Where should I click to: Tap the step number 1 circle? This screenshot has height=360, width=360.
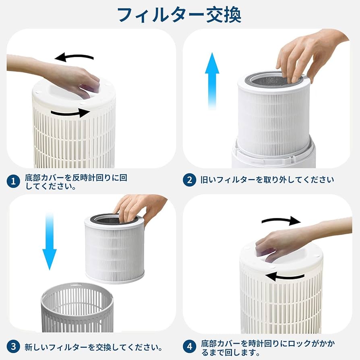click(x=13, y=181)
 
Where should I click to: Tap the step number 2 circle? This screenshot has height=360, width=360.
click(x=189, y=180)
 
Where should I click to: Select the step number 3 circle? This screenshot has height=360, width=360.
click(x=13, y=346)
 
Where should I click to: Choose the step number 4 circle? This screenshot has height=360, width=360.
click(x=189, y=346)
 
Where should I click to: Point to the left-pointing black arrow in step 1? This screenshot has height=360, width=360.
click(x=74, y=57)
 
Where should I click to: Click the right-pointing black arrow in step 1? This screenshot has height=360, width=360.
click(x=71, y=113)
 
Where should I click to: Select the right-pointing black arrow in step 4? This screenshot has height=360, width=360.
click(x=281, y=220)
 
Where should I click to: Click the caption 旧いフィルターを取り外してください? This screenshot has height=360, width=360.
click(x=267, y=180)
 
